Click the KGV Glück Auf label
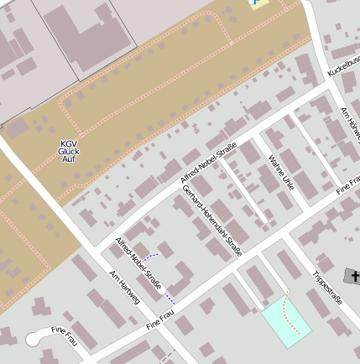tap(69, 150)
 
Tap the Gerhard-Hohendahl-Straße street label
tap(211, 221)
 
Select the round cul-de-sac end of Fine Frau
tap(34, 339)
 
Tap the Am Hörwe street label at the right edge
tap(351, 125)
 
